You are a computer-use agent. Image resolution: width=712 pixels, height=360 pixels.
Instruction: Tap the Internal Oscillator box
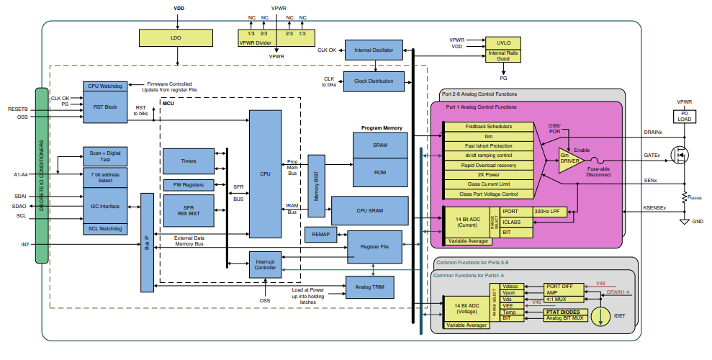[373, 50]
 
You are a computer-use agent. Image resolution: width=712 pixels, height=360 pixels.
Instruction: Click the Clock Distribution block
[373, 81]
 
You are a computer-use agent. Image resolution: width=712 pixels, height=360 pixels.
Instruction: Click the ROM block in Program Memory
[380, 172]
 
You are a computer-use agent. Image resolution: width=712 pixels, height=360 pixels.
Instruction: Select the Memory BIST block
[316, 185]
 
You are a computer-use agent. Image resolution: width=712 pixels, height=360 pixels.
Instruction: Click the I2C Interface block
[106, 206]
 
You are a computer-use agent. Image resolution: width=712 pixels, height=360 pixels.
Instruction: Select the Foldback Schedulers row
[489, 126]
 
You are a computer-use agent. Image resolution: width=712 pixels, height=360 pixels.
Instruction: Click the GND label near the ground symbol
[698, 221]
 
